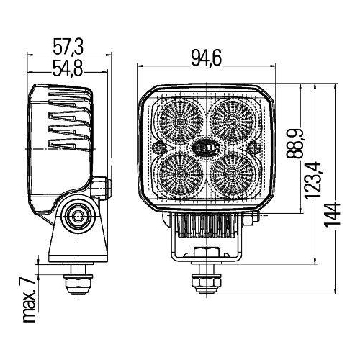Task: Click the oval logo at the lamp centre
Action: tap(205, 145)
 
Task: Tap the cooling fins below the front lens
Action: tap(205, 229)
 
